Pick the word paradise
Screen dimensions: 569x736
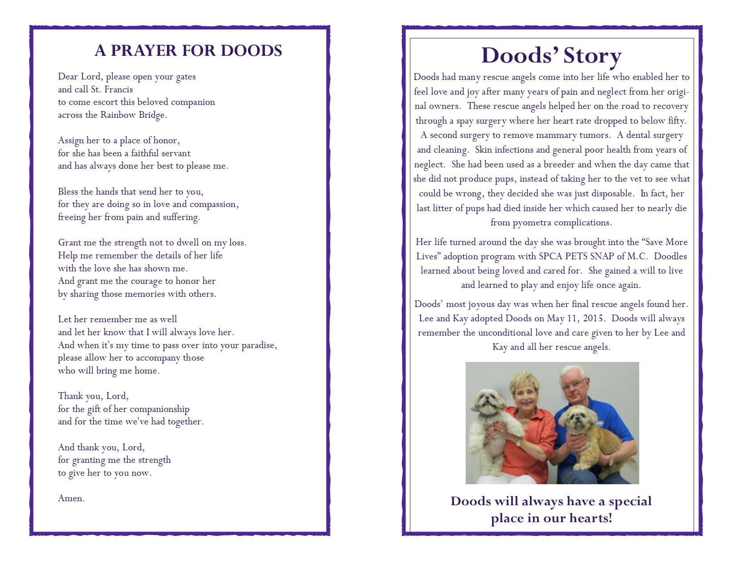click(259, 345)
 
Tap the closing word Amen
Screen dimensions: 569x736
click(71, 498)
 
